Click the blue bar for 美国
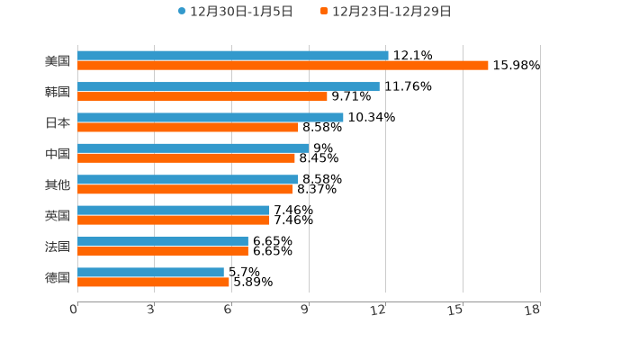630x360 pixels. [232, 56]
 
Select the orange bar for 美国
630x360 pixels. [283, 66]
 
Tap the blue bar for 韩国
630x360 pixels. [228, 86]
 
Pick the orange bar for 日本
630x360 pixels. [187, 127]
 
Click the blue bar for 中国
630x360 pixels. [193, 148]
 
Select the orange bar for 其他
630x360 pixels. [184, 189]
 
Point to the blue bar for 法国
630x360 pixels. [162, 241]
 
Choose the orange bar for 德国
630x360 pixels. [153, 282]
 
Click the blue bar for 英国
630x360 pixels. [173, 211]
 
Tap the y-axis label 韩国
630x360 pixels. [58, 92]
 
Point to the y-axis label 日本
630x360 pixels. [58, 122]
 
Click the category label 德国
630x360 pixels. [58, 277]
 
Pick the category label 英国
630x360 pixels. [58, 215]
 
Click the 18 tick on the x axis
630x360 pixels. [533, 310]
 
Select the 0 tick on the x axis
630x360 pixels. [74, 310]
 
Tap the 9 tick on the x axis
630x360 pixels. [305, 310]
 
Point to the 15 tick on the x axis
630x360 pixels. [455, 310]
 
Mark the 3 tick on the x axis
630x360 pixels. [150, 310]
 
